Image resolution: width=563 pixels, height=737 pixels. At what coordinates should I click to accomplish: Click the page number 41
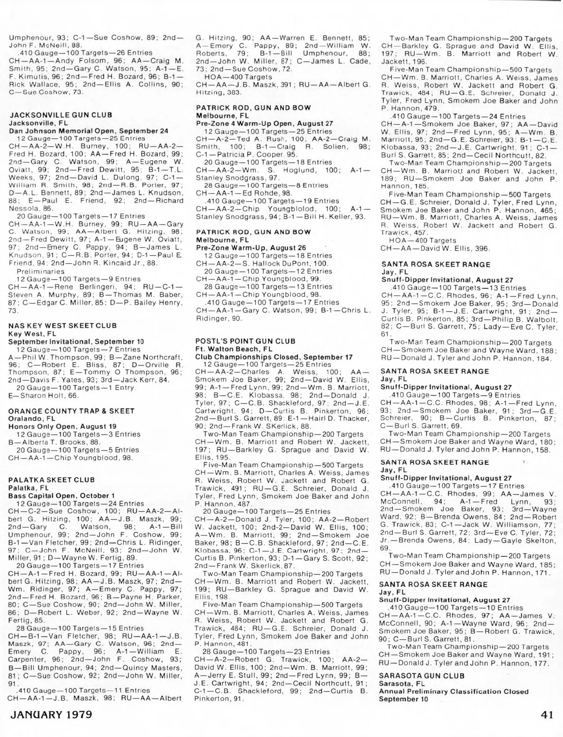click(547, 715)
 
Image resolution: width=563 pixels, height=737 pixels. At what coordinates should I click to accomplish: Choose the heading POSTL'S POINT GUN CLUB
click(245, 341)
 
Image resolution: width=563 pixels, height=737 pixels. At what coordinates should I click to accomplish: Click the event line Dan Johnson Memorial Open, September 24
click(89, 131)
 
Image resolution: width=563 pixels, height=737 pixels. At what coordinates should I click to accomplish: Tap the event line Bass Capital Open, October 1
click(61, 496)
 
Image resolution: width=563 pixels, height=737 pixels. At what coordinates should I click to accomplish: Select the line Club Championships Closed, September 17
click(274, 357)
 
